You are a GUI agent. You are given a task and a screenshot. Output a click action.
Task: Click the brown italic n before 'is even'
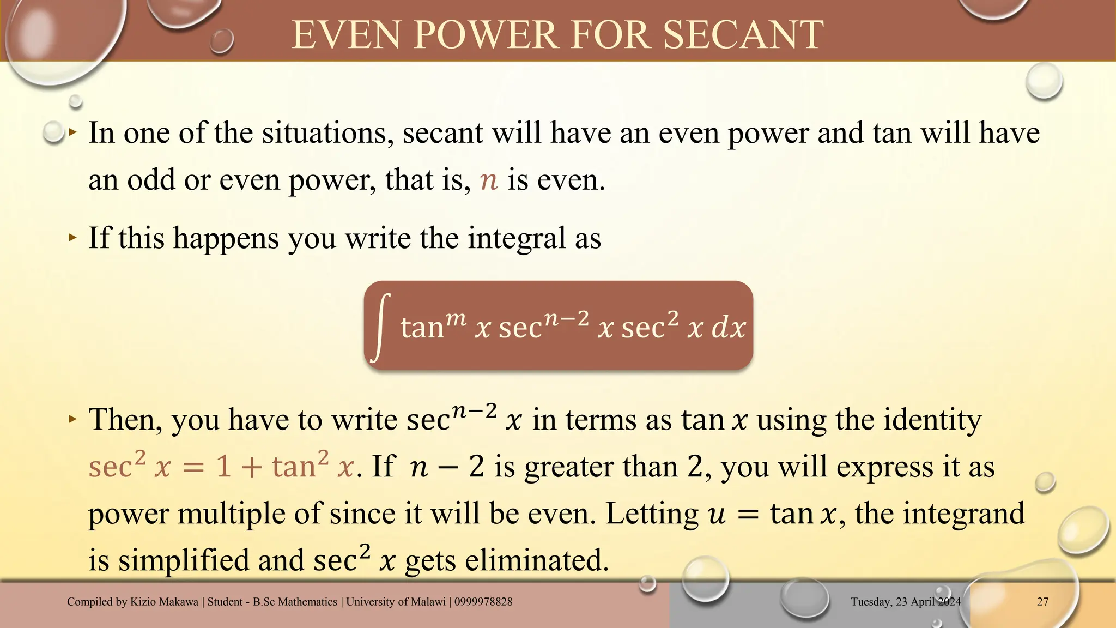pos(489,180)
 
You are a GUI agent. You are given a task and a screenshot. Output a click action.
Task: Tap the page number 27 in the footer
pos(1042,602)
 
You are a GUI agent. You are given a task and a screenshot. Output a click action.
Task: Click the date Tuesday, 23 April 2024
pos(906,602)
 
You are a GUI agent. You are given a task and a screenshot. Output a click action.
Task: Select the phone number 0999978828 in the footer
pos(483,602)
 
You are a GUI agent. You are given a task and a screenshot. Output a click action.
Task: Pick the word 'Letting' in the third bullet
pos(652,514)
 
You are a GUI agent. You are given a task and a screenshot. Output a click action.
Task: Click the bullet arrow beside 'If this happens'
pos(73,238)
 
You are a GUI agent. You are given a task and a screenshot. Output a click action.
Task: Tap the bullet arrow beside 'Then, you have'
pos(73,419)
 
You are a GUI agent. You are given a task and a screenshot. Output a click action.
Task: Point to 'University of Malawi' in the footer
pos(396,602)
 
